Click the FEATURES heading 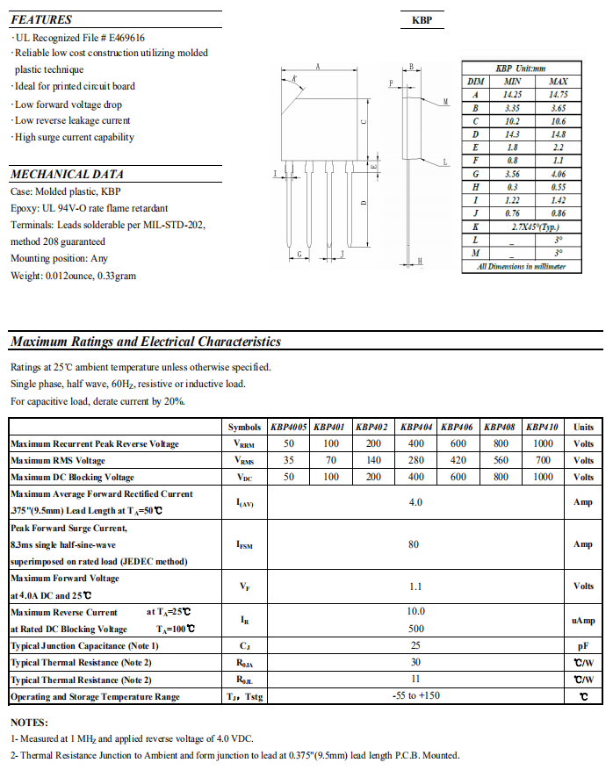(41, 19)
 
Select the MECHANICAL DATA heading (67, 174)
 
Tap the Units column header (583, 427)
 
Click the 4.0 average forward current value (415, 502)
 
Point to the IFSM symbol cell (245, 545)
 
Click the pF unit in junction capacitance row (583, 646)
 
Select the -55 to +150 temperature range (415, 697)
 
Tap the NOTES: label (29, 722)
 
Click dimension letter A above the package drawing (317, 67)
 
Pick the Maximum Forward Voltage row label (65, 579)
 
